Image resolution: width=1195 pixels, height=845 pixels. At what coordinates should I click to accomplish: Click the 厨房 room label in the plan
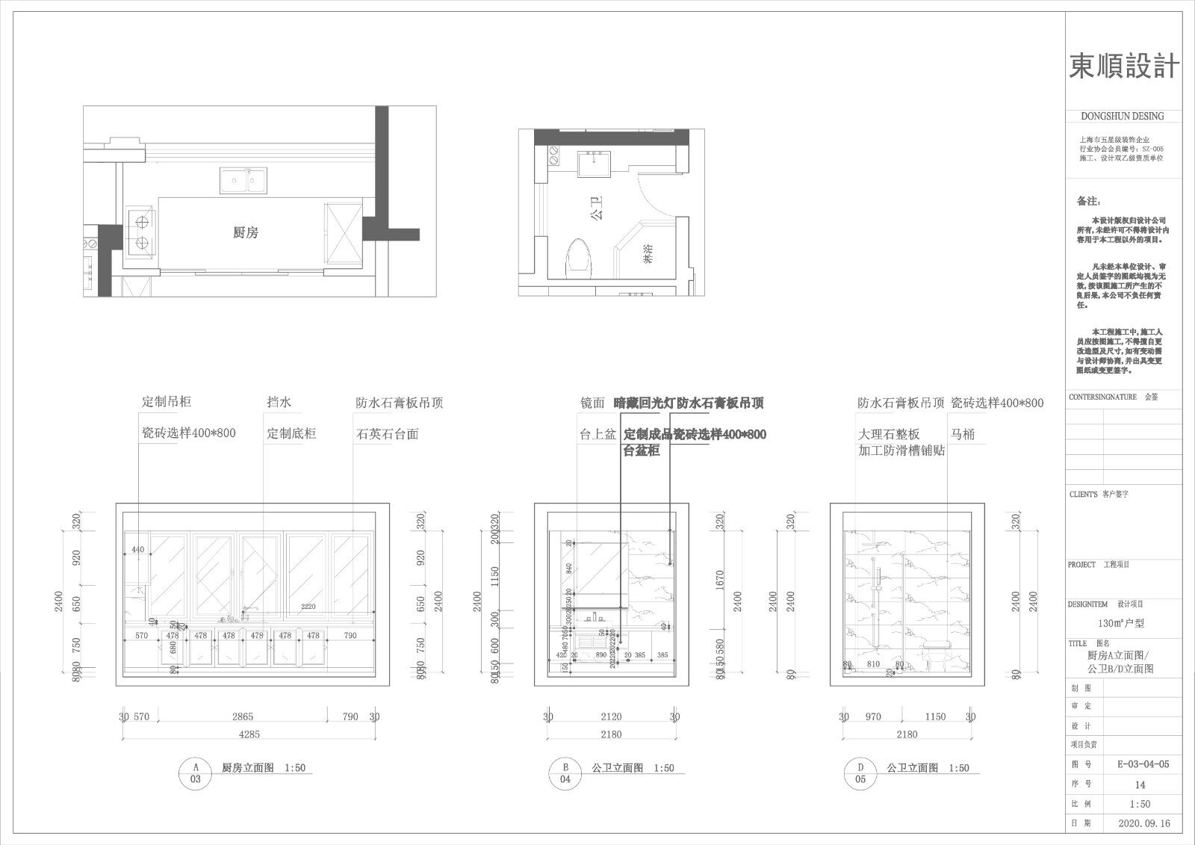(x=245, y=233)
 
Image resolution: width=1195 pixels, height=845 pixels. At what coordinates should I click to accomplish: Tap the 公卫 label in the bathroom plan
(x=596, y=207)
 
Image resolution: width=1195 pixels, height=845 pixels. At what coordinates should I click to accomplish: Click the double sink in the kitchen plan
(x=243, y=180)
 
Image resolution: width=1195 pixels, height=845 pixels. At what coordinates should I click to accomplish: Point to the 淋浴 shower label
(x=647, y=258)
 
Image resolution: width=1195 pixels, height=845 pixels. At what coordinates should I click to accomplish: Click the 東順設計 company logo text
(x=1124, y=66)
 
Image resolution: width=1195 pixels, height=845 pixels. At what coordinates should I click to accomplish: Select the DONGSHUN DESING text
(x=1122, y=117)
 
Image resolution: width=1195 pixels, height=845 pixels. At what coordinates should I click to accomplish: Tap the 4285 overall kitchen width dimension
(x=249, y=734)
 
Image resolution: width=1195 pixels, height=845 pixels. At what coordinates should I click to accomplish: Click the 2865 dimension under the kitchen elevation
(x=243, y=716)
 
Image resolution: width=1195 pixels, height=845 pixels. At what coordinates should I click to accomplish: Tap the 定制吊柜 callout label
(x=167, y=402)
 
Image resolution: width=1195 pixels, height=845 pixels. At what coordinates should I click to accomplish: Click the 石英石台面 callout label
(x=387, y=434)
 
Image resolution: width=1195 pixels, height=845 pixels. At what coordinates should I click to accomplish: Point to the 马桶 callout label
(x=963, y=434)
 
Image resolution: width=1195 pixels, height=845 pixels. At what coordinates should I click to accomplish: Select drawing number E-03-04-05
(x=1143, y=764)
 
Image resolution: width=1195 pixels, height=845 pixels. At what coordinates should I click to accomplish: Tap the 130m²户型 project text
(x=1120, y=622)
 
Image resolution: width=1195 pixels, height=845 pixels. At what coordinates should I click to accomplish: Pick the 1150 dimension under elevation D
(x=935, y=716)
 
